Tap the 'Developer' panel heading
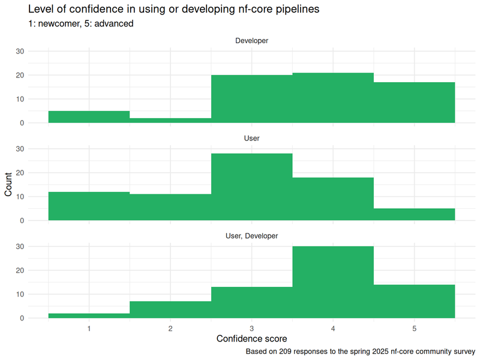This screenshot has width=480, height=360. (251, 41)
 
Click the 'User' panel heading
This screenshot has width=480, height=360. (251, 139)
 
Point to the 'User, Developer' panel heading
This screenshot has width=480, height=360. (251, 236)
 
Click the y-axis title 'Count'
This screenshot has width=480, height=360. (8, 185)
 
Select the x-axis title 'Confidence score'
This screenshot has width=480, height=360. (251, 339)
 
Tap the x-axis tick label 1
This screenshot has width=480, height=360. (89, 328)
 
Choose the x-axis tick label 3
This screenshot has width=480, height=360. (251, 328)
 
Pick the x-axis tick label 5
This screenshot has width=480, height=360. (414, 328)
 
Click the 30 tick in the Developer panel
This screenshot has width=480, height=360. (19, 52)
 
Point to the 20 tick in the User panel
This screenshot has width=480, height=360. (19, 173)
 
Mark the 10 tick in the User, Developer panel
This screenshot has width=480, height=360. (19, 295)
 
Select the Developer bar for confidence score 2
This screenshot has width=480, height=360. (170, 121)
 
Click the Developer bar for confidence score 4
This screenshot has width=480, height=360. (333, 98)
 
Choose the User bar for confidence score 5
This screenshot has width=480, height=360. (414, 215)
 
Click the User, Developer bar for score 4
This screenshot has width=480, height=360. (333, 282)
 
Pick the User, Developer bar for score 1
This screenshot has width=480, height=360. (89, 316)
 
